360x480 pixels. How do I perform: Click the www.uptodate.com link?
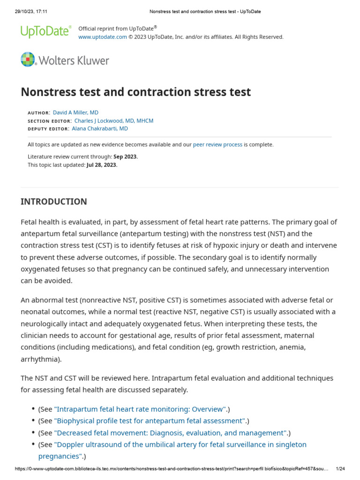tap(102, 37)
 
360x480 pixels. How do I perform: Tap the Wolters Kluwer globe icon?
tap(28, 60)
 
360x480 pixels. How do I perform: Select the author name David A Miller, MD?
tap(75, 112)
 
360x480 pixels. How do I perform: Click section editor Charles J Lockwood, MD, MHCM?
tap(114, 120)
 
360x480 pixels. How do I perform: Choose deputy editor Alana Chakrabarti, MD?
tap(99, 128)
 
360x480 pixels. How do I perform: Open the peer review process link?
tap(217, 144)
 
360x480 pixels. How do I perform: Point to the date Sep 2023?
tap(126, 157)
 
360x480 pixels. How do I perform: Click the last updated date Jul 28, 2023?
tap(102, 165)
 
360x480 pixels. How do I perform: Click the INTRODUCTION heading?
tap(54, 202)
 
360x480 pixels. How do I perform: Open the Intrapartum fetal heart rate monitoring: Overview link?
tap(140, 409)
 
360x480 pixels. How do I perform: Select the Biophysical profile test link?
tap(150, 421)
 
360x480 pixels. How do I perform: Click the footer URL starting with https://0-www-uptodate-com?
tap(171, 469)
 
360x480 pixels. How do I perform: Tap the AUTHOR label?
tap(38, 113)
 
